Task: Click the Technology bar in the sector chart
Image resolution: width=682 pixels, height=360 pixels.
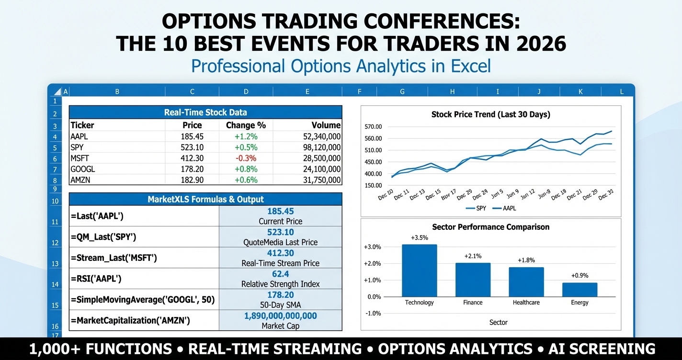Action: (x=419, y=270)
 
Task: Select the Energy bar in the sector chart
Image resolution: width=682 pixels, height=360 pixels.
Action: (x=580, y=290)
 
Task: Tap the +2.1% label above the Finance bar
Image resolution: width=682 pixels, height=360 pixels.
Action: (x=473, y=256)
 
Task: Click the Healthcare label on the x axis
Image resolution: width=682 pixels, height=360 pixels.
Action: (x=526, y=303)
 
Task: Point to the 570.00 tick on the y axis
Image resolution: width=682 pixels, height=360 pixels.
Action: (x=373, y=127)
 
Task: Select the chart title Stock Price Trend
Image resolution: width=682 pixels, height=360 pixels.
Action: (x=490, y=114)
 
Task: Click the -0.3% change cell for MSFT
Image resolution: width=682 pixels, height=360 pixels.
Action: (x=246, y=158)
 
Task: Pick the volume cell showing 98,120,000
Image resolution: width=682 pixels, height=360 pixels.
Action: (x=322, y=147)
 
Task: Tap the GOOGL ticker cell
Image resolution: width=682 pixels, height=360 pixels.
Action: (x=83, y=169)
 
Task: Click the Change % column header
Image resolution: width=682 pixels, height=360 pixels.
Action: (x=246, y=125)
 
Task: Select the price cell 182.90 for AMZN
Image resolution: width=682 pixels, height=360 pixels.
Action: (x=192, y=180)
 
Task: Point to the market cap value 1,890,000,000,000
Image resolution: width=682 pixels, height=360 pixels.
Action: (x=281, y=316)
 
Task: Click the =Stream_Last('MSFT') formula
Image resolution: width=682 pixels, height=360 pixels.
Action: (x=114, y=258)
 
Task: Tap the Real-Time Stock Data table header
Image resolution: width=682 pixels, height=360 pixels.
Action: (x=205, y=112)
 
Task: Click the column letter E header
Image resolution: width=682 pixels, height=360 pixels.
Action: (x=307, y=91)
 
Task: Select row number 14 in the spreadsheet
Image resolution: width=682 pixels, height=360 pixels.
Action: (x=55, y=284)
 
